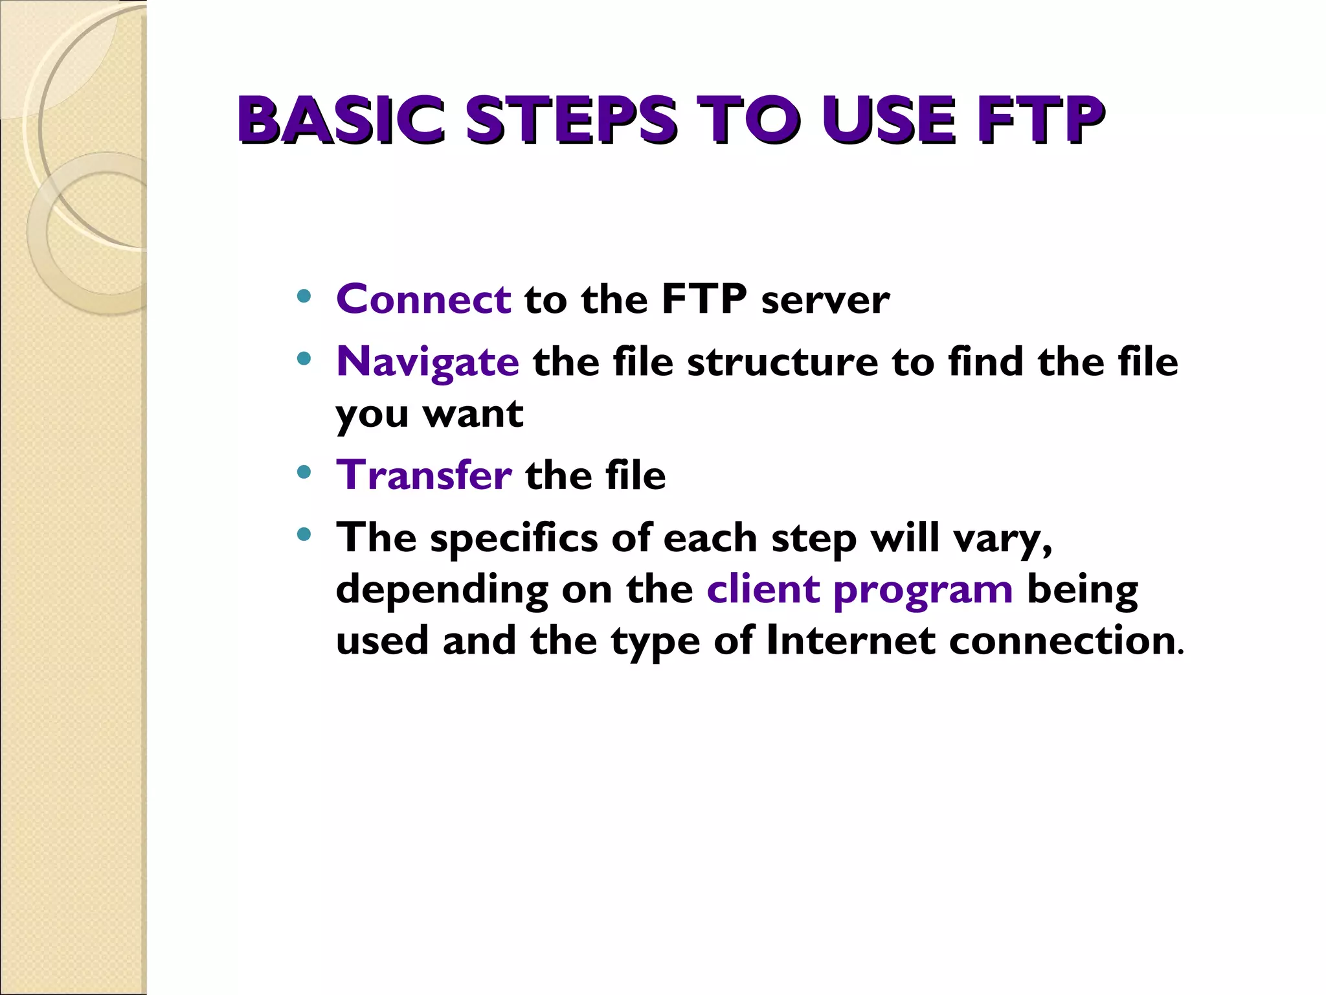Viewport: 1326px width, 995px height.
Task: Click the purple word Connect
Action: click(424, 299)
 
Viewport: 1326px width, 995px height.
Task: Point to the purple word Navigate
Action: click(427, 361)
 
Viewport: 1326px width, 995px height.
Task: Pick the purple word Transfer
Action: click(424, 475)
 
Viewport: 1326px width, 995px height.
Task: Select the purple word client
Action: click(763, 589)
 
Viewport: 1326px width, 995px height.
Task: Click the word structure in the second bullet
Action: click(782, 361)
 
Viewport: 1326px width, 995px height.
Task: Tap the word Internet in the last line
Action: click(850, 641)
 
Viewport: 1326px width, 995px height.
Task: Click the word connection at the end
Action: click(1062, 641)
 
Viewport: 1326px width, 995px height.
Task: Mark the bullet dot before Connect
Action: click(304, 297)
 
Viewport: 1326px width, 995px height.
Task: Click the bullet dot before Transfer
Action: click(304, 472)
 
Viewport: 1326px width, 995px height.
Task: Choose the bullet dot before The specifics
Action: click(304, 534)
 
